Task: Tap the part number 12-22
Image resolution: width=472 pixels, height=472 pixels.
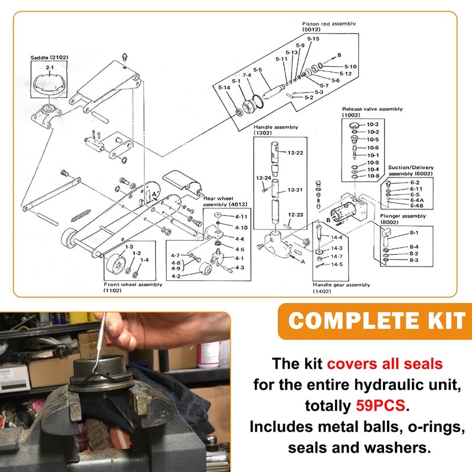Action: (x=296, y=152)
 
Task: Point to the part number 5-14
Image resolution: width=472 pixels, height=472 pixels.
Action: (x=224, y=88)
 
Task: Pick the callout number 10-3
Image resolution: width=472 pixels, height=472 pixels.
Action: (x=372, y=124)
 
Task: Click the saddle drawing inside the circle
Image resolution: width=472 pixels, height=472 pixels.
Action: (x=49, y=86)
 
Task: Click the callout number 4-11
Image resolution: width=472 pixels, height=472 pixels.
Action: (x=241, y=217)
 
